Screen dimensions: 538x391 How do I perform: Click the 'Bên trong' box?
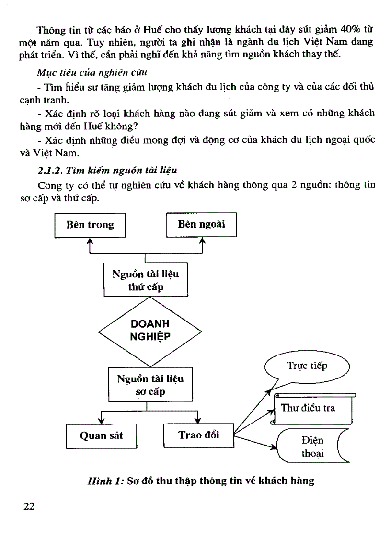click(x=90, y=225)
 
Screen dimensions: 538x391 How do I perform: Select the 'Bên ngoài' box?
click(x=201, y=224)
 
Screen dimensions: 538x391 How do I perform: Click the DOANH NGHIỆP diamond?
click(x=150, y=330)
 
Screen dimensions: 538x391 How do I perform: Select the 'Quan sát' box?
click(x=101, y=435)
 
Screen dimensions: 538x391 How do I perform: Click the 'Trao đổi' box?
click(x=198, y=435)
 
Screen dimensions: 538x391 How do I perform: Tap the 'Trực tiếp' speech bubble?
click(x=307, y=366)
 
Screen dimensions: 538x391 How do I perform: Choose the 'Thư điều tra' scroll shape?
click(x=314, y=408)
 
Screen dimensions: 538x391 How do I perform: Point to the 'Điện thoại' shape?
click(x=312, y=446)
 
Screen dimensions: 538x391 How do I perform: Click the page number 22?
click(x=29, y=507)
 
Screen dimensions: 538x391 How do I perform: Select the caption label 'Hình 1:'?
click(x=104, y=481)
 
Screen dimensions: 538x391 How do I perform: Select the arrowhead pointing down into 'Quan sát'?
click(x=101, y=420)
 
